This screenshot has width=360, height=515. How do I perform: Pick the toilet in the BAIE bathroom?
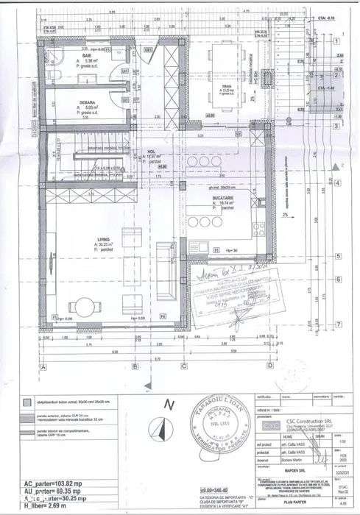[x=52, y=80]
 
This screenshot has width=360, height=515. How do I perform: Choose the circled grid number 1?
[x=336, y=43]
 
